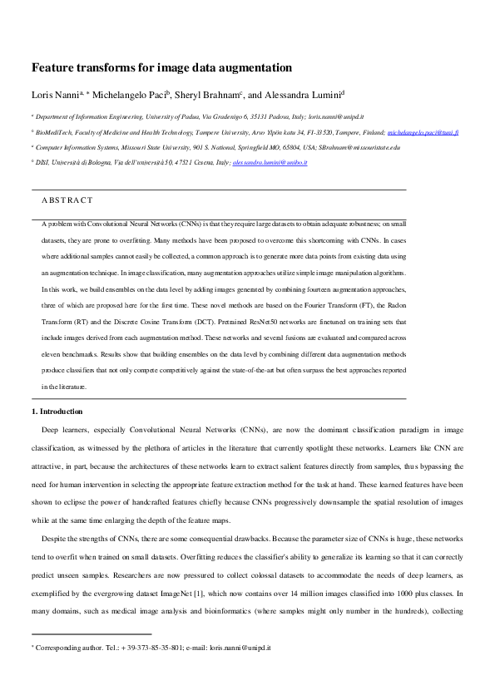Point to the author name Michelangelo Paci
pyautogui.click(x=132, y=94)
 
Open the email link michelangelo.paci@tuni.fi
pyautogui.click(x=423, y=132)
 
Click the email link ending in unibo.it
pyautogui.click(x=270, y=162)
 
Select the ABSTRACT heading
pyautogui.click(x=67, y=200)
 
